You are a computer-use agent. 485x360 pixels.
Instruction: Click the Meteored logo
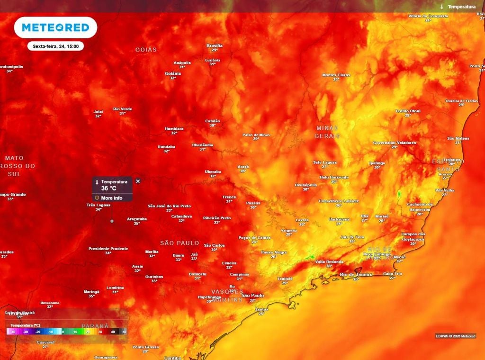coord(55,27)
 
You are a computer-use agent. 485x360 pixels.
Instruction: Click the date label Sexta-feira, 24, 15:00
coord(55,46)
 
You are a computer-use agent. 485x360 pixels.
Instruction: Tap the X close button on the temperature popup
coord(138,181)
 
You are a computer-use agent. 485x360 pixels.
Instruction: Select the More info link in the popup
coord(111,198)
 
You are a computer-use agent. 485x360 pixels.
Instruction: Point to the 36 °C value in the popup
coord(108,188)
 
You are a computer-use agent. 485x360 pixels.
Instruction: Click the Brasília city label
coord(215,45)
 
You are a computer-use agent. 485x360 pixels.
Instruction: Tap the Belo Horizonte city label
coord(334,177)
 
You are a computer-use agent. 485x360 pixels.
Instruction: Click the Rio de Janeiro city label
coord(356,274)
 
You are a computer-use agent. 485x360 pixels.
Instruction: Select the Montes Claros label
coord(336,75)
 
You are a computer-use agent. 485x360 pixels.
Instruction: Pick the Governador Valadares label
coord(395,142)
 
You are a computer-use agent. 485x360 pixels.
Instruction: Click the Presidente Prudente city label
coord(108,248)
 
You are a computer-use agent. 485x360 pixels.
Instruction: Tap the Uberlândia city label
coord(202,145)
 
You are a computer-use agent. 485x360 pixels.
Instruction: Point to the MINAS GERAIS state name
coord(327,132)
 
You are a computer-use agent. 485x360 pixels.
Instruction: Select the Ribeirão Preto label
coord(217,217)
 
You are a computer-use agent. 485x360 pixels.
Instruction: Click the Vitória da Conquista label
coord(428,16)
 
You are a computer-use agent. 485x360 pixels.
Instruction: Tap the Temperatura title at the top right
coord(461,7)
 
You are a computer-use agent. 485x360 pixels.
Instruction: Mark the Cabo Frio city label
coord(392,273)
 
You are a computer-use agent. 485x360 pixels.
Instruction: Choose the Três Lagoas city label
coord(98,205)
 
